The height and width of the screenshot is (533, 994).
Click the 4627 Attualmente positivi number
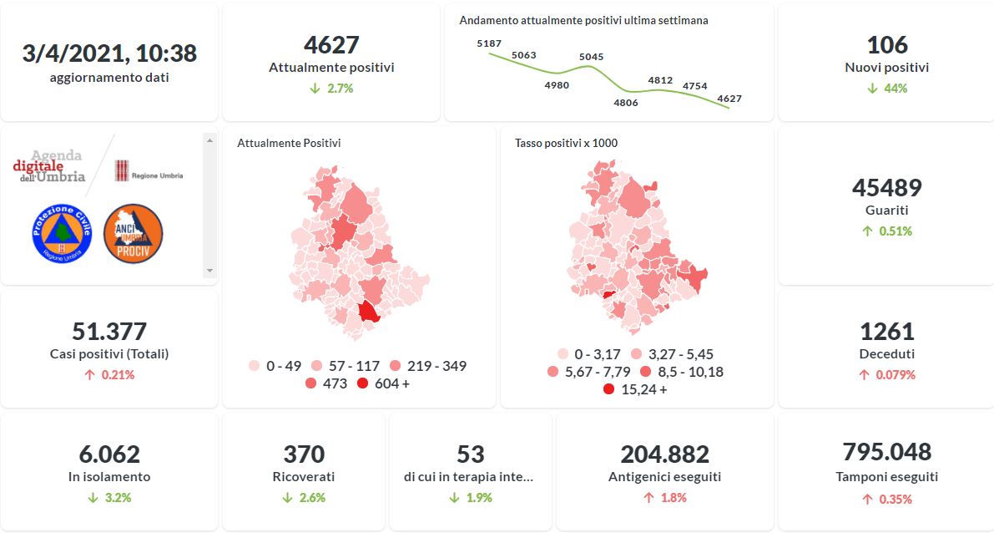point(331,45)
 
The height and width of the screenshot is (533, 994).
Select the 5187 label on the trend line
point(489,43)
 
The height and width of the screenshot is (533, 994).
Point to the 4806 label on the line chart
point(625,103)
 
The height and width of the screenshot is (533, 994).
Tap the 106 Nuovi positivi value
point(886,45)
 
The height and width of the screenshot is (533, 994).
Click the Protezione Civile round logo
point(60,234)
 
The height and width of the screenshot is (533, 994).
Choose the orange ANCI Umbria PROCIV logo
point(133,234)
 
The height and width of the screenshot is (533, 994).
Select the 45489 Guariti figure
point(886,188)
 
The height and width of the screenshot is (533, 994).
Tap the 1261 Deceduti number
point(886,332)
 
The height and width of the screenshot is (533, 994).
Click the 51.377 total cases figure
point(109,332)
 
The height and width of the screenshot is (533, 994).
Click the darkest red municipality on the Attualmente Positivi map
point(368,314)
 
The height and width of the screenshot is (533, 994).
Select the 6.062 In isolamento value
point(109,454)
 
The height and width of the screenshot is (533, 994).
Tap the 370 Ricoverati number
point(304,454)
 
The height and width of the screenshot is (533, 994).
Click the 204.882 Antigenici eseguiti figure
point(664,454)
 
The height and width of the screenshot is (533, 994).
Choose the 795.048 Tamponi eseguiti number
point(886,452)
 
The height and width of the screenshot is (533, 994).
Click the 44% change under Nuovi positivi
point(886,88)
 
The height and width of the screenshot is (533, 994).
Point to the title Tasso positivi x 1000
point(566,143)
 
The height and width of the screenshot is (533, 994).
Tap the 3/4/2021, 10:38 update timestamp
point(109,53)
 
